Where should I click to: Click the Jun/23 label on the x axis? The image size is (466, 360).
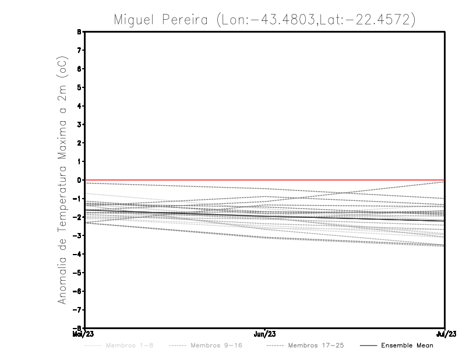tap(265, 334)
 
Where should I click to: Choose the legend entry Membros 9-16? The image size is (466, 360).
tap(216, 346)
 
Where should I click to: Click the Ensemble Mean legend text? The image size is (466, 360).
tap(407, 346)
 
